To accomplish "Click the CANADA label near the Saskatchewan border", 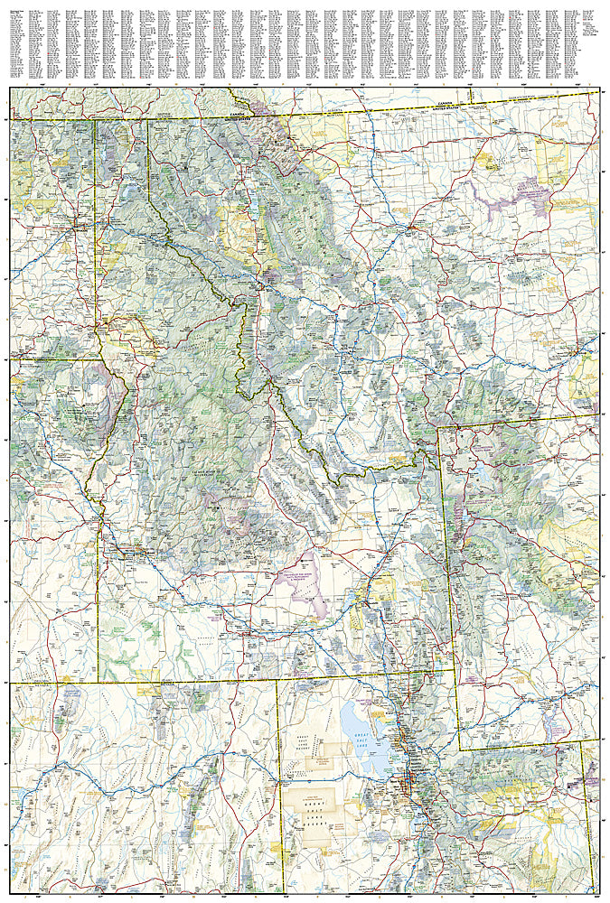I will (x=443, y=105).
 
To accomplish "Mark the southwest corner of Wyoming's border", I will (x=458, y=749).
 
